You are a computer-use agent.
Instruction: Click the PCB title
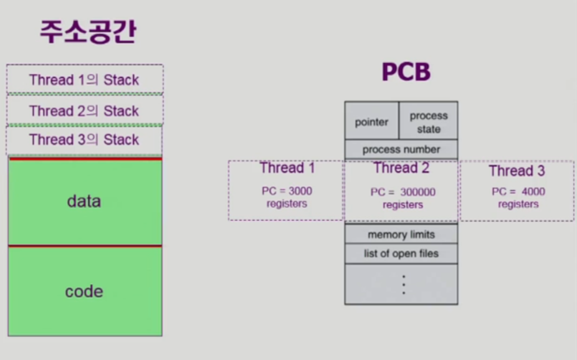click(x=406, y=73)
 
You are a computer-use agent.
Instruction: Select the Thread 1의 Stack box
click(x=84, y=80)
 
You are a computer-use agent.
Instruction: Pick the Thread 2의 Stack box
click(x=84, y=111)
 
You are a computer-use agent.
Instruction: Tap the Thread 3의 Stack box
click(x=84, y=140)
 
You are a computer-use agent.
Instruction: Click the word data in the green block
click(x=84, y=201)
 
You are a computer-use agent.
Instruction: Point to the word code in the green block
click(x=84, y=291)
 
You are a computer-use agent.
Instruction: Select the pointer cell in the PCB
click(x=371, y=122)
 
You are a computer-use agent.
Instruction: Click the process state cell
click(x=429, y=122)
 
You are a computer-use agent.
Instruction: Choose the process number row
click(x=401, y=149)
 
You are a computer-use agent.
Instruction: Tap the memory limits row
click(x=401, y=235)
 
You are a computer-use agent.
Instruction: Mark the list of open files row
click(x=401, y=253)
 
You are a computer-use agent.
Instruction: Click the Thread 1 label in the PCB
click(x=287, y=168)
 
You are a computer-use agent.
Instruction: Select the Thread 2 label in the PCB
click(x=401, y=168)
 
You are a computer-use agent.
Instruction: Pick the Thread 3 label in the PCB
click(x=517, y=171)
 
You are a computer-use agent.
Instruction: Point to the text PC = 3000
click(x=287, y=191)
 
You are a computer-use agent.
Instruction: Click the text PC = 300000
click(x=403, y=192)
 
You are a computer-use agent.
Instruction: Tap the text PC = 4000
click(x=518, y=192)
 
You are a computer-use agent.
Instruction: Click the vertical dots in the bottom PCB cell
click(x=403, y=284)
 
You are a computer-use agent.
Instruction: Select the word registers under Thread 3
click(x=518, y=204)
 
